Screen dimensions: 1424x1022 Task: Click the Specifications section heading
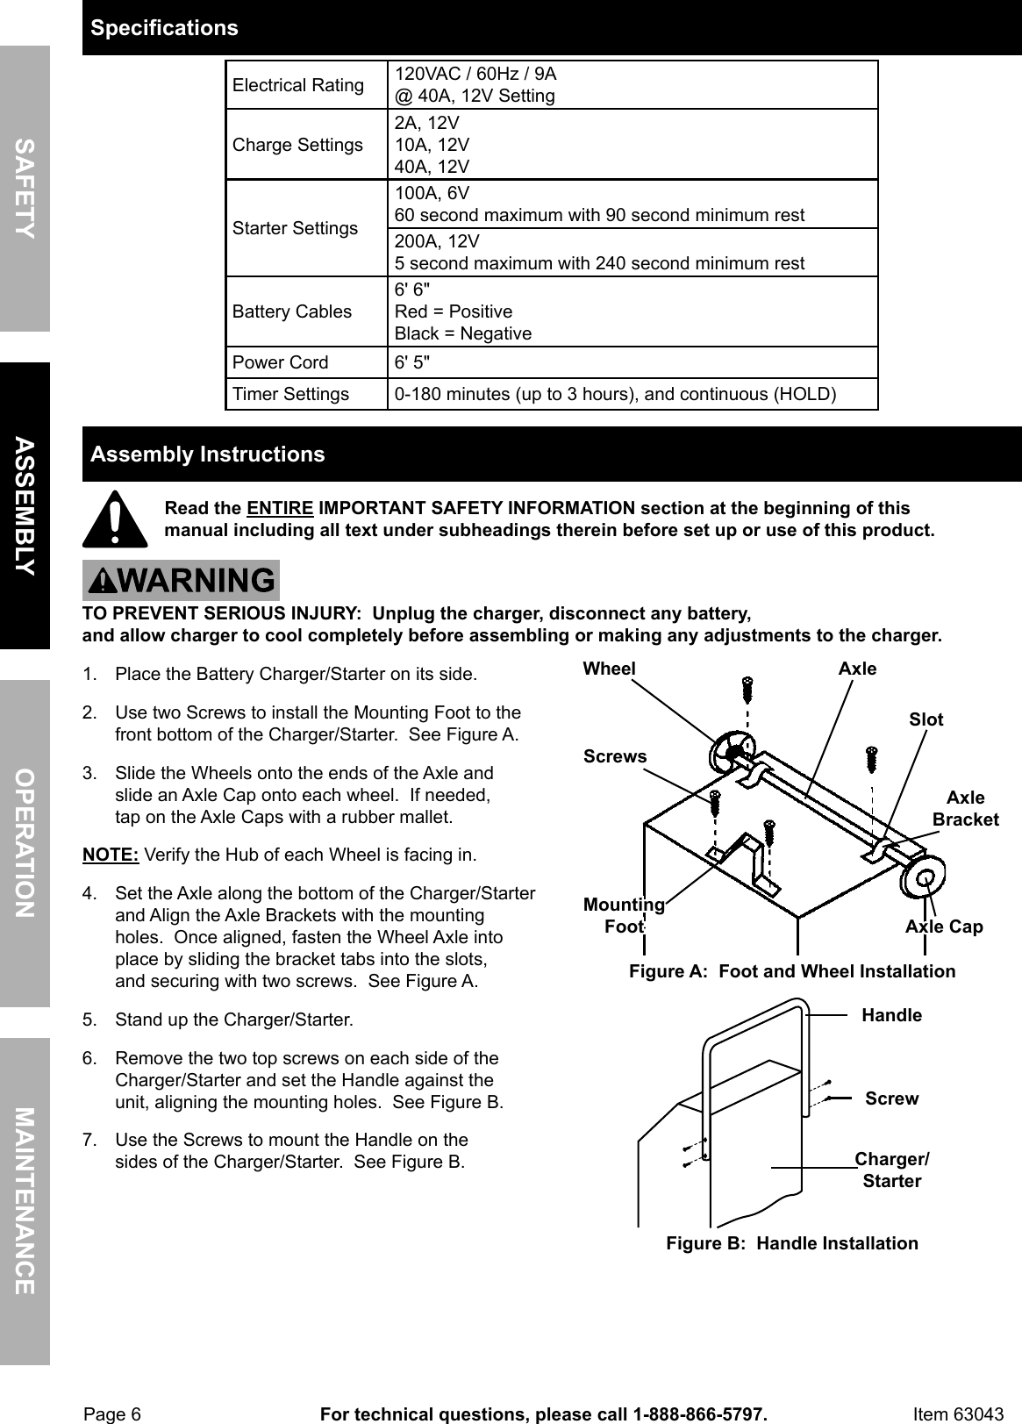pos(165,28)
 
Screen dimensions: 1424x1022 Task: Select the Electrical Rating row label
pos(298,85)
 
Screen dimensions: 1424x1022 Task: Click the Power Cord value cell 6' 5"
pos(412,362)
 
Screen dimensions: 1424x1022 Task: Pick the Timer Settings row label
pos(290,394)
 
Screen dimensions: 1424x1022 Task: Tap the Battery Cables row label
pos(292,311)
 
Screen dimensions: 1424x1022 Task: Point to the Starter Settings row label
pos(296,228)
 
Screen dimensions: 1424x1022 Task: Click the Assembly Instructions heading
pos(208,454)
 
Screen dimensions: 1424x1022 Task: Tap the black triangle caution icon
pos(115,519)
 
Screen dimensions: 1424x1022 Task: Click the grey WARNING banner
pos(181,580)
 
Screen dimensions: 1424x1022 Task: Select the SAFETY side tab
pos(25,188)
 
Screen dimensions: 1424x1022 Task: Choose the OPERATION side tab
pos(25,842)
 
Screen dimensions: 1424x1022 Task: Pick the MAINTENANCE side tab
pos(25,1200)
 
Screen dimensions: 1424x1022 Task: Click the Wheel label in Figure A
pos(609,669)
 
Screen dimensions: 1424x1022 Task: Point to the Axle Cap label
pos(944,927)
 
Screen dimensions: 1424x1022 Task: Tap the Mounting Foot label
pos(624,915)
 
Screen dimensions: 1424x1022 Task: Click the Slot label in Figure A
pos(926,719)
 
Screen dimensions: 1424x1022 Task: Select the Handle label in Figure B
pos(891,1015)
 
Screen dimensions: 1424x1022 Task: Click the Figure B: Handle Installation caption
pos(792,1243)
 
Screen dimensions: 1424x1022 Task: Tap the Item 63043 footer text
pos(957,1413)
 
